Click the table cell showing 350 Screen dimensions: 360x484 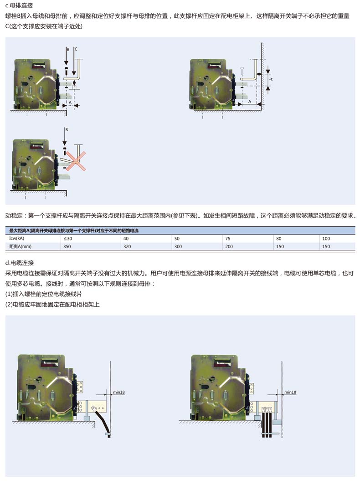pos(67,247)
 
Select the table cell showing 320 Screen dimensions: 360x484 pos(127,247)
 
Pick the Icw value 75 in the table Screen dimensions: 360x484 pos(228,239)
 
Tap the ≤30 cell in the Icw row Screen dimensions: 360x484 pos(68,239)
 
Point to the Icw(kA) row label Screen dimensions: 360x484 pos(17,239)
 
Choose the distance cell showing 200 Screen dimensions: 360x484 pos(229,247)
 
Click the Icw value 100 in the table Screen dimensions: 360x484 pos(326,239)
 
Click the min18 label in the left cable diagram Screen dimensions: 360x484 pos(118,392)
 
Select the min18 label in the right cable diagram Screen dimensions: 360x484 pos(290,392)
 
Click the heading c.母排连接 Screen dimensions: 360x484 pos(19,5)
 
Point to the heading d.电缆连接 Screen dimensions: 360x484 pos(20,263)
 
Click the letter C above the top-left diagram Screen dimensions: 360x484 pos(76,49)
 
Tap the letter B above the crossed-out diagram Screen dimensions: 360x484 pos(67,130)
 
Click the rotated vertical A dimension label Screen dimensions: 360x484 pos(271,79)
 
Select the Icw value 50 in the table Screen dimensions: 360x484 pos(177,239)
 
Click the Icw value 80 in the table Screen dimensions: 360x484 pos(279,239)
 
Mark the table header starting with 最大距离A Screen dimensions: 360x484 pos(74,230)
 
